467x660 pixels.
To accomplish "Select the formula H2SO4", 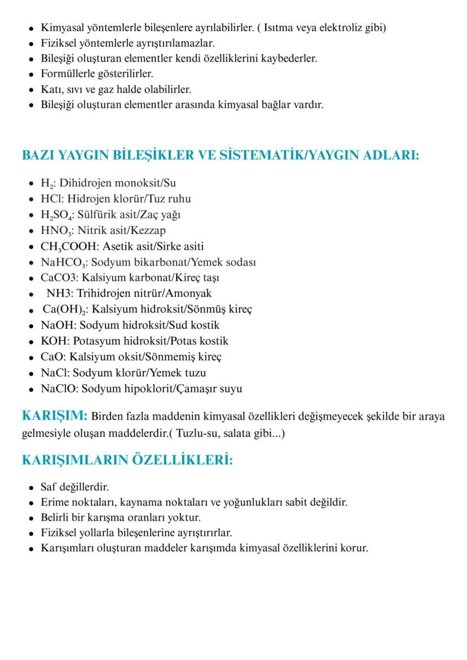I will coord(57,215).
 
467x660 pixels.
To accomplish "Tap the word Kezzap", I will coord(149,230).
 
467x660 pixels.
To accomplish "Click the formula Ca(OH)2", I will coord(65,310).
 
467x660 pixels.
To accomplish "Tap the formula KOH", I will coord(54,341).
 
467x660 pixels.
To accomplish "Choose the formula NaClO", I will coord(60,389).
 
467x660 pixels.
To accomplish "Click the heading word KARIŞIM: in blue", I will coord(54,416).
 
